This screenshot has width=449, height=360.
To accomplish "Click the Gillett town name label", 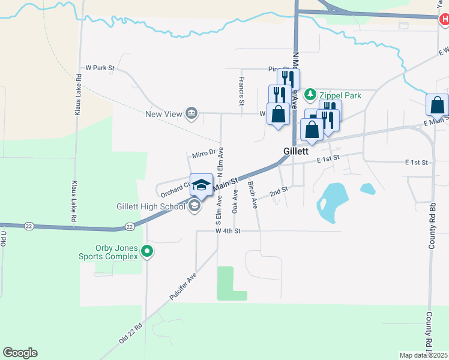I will (296, 152).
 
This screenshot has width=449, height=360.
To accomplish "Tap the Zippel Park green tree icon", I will (310, 94).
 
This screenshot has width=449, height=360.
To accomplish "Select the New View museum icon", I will (191, 113).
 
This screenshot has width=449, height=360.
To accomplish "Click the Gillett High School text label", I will (151, 207).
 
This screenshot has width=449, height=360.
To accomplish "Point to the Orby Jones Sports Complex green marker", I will (148, 253).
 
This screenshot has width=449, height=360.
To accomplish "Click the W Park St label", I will (100, 68).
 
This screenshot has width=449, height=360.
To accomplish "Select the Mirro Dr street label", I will (203, 154).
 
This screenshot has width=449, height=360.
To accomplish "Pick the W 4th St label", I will (228, 231).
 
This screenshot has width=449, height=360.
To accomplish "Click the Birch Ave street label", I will (253, 194).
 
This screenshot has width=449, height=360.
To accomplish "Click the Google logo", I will (20, 353).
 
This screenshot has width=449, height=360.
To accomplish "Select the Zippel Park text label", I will (340, 95).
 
